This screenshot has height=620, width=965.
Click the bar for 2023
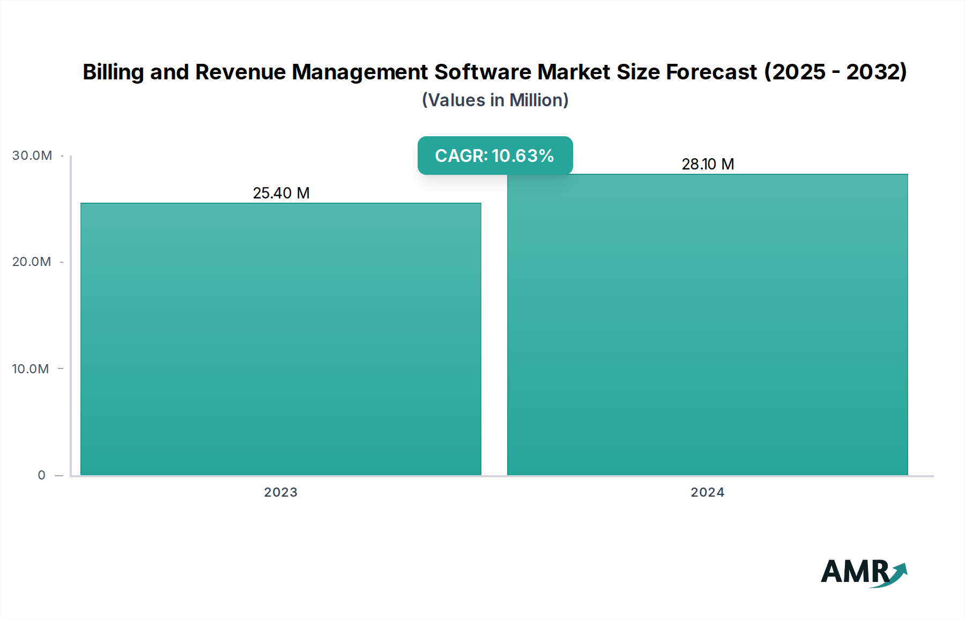281,339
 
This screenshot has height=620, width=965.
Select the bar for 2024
708,324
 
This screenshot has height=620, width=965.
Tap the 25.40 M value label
281,193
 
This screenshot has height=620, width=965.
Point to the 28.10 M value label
708,164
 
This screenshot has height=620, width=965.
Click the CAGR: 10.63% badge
495,156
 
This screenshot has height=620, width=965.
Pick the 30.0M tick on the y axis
32,156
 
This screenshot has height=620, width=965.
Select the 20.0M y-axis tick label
32,262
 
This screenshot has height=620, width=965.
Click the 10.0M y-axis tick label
31,369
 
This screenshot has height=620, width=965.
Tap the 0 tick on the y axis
42,475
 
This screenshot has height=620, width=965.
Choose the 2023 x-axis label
281,492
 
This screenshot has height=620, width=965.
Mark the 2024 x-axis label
708,492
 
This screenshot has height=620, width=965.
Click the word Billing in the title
113,72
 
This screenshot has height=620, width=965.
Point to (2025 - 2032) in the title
835,72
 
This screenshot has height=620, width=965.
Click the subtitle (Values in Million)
495,100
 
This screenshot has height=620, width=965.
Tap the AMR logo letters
855,572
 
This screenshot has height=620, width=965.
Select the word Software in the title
485,72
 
